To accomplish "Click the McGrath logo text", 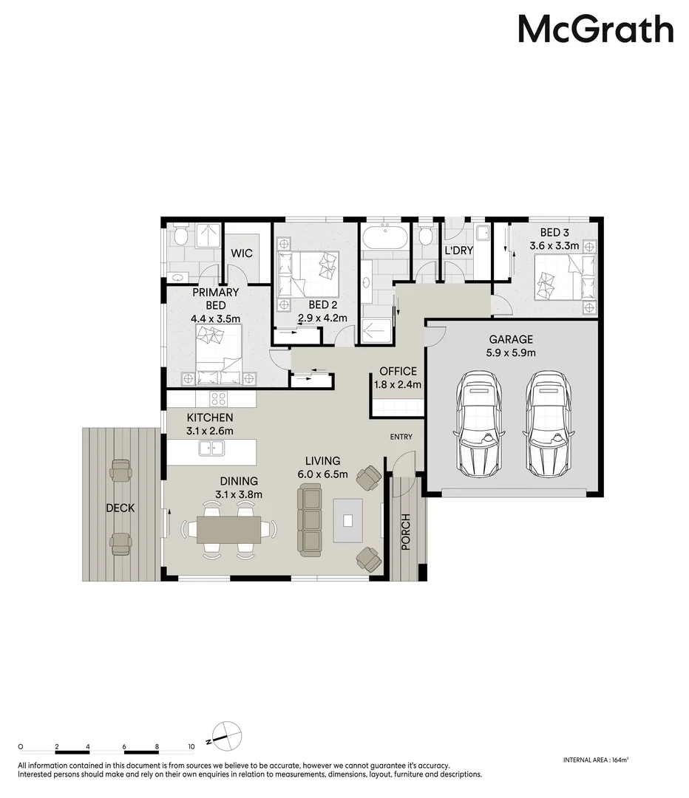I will tap(595, 30).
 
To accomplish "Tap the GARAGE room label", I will tap(510, 340).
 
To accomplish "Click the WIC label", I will tap(242, 253).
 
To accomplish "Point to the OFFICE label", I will tap(398, 372).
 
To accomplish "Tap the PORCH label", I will tap(406, 532).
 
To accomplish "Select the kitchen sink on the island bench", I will tap(212, 448).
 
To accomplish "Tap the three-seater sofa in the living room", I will tap(310, 520).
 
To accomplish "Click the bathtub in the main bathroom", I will tap(383, 239).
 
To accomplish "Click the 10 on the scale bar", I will tap(191, 747).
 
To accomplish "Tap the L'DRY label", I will tap(458, 251).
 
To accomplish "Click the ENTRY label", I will tap(401, 437).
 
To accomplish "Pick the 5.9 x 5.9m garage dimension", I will tap(510, 353).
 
